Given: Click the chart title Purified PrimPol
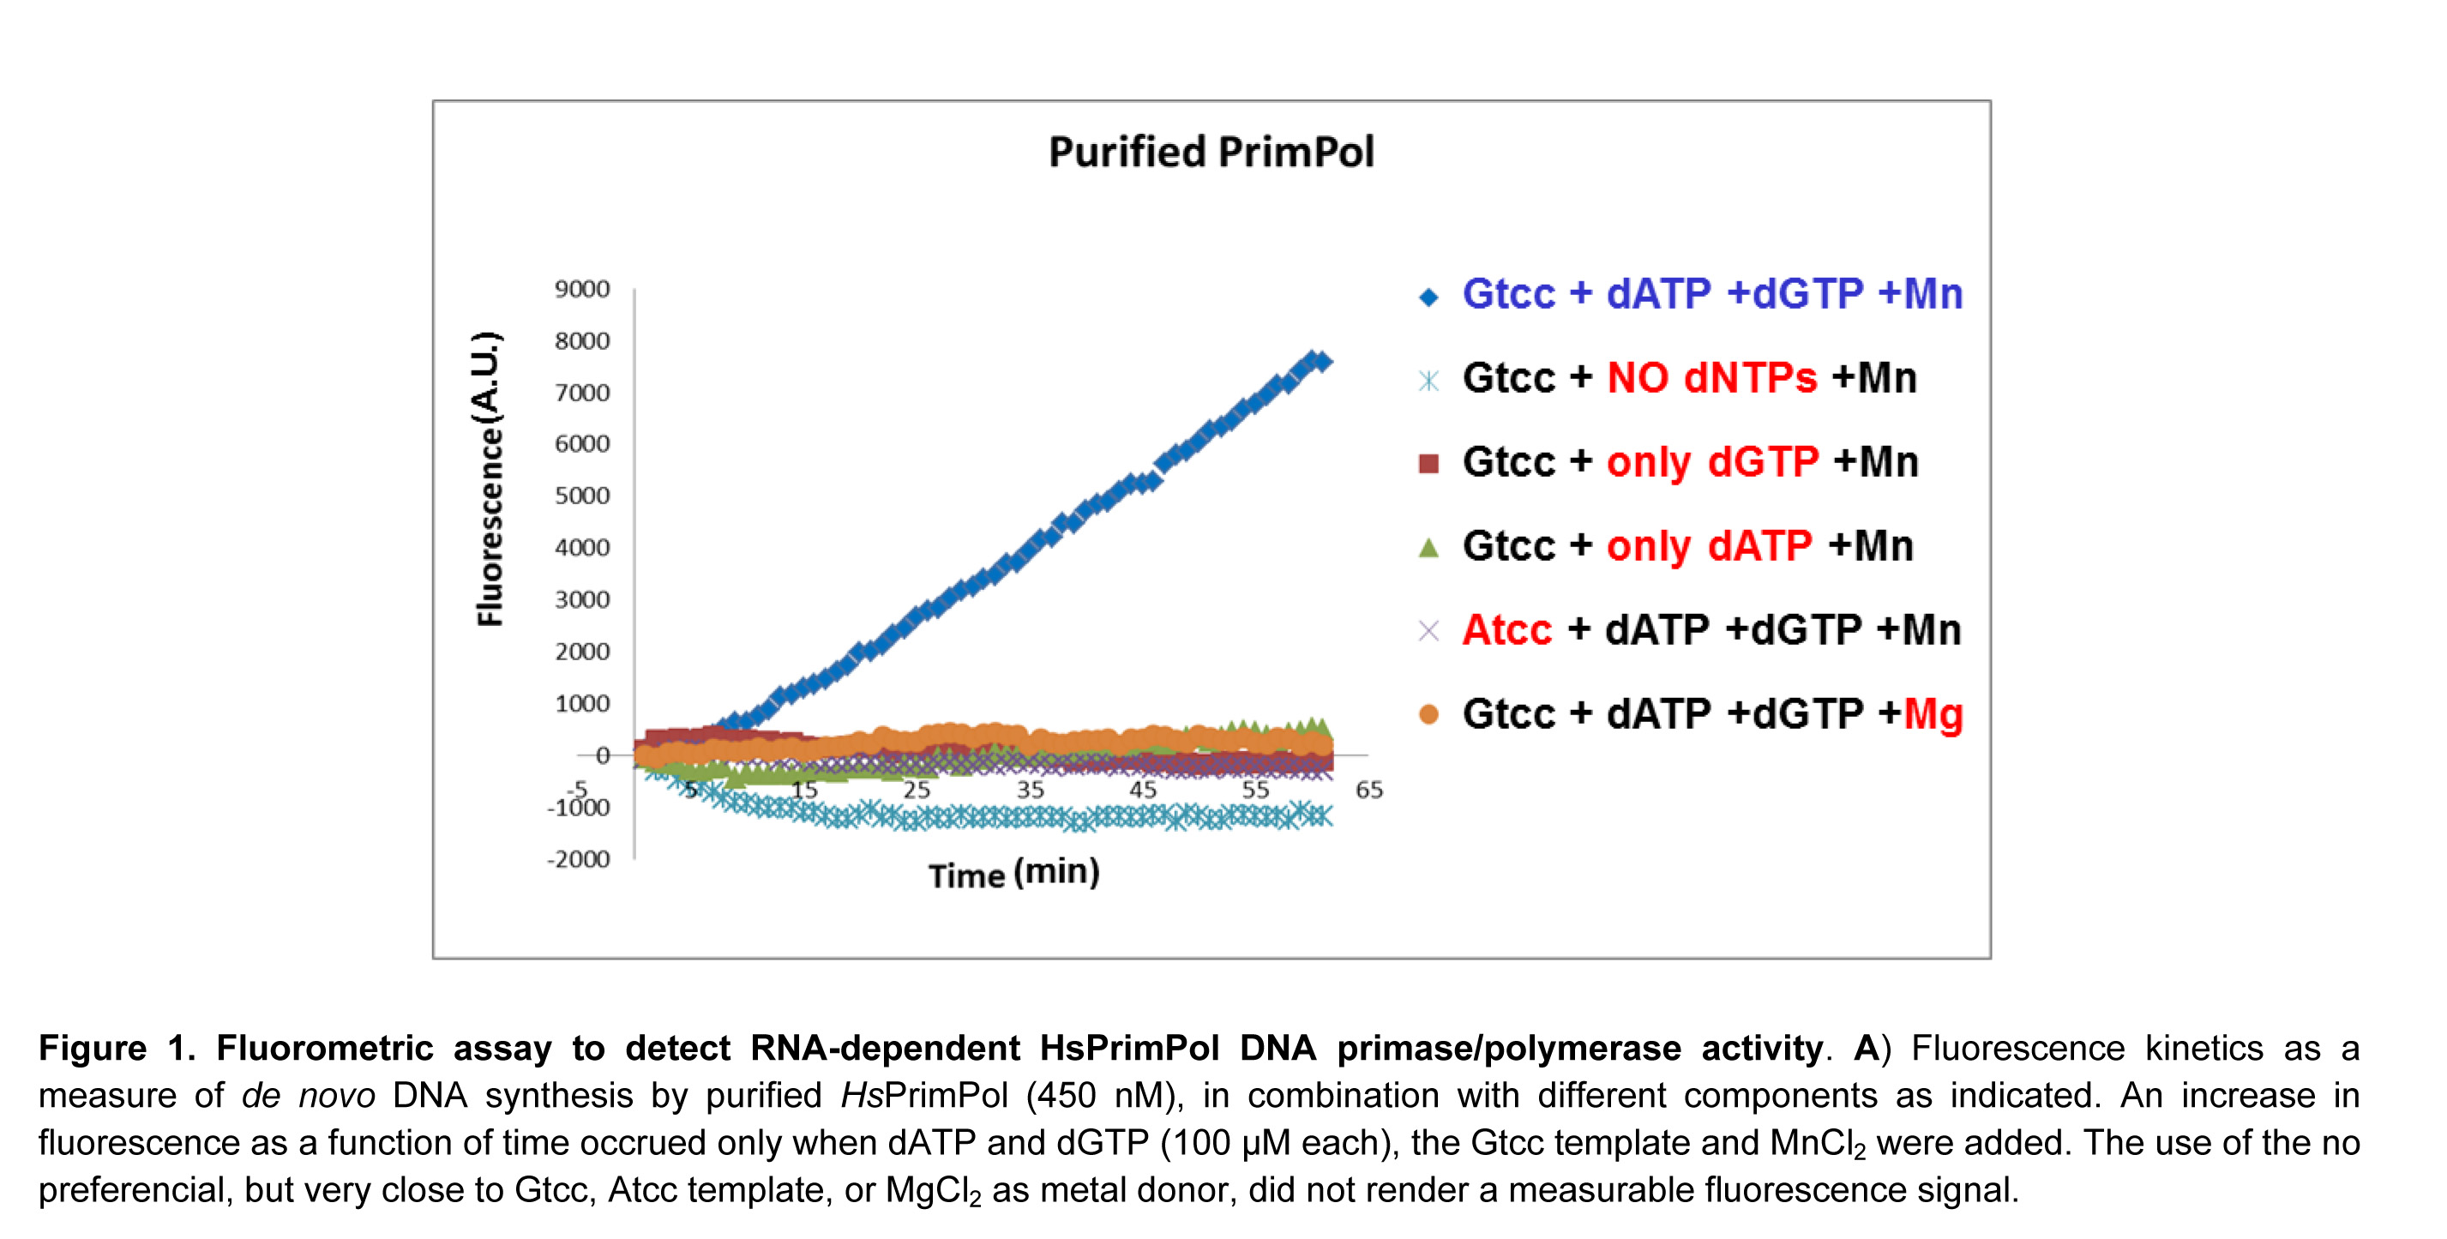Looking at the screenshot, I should pyautogui.click(x=1211, y=152).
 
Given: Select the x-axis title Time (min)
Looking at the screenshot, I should pyautogui.click(x=1013, y=873).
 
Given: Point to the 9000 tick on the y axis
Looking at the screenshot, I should pyautogui.click(x=582, y=289).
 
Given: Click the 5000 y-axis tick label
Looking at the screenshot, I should pyautogui.click(x=582, y=496).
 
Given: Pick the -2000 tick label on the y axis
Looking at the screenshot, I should pyautogui.click(x=579, y=859).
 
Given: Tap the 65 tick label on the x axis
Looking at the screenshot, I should pyautogui.click(x=1369, y=790).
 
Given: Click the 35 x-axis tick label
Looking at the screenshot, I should pyautogui.click(x=1030, y=790).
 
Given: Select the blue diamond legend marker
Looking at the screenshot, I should pyautogui.click(x=1428, y=298).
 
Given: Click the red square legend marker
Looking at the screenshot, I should pyautogui.click(x=1428, y=464).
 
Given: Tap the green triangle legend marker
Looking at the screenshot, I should pyautogui.click(x=1428, y=547).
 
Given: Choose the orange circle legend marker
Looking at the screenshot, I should pyautogui.click(x=1428, y=714).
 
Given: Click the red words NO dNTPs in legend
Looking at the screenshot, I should pyautogui.click(x=1711, y=378).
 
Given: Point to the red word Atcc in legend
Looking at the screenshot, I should pyautogui.click(x=1506, y=630).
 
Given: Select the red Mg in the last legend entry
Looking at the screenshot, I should pyautogui.click(x=1933, y=714).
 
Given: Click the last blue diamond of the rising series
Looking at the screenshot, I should pyautogui.click(x=1321, y=361).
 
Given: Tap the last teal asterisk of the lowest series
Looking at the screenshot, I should pyautogui.click(x=1322, y=817).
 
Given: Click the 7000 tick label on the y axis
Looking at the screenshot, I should pyautogui.click(x=582, y=393).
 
